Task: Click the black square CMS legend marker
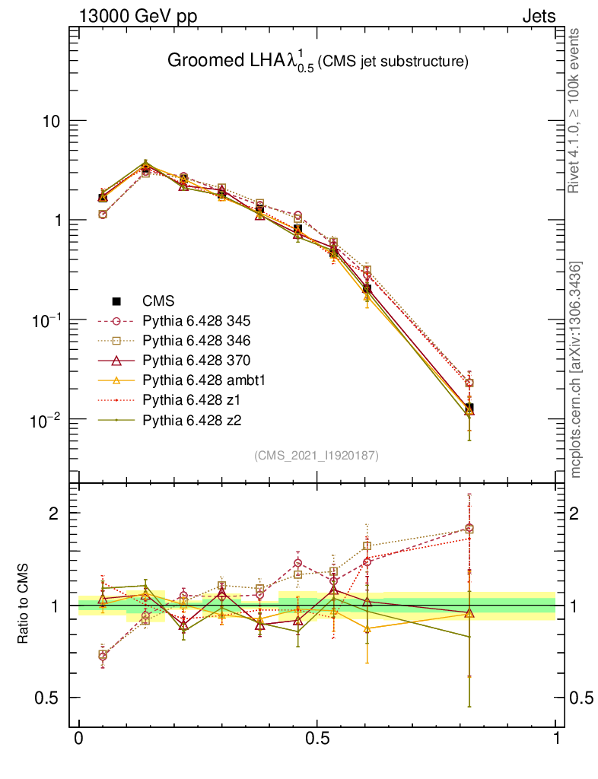117,301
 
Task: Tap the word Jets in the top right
538,16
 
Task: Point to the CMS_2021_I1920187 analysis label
316,456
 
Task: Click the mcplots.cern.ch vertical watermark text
577,370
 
